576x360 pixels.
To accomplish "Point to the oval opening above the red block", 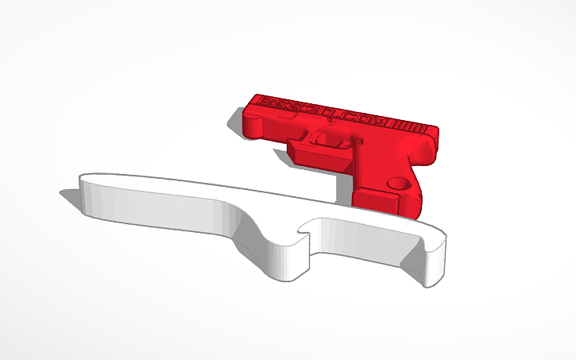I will click(x=326, y=137).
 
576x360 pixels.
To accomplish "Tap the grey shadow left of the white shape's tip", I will click(x=68, y=192).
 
